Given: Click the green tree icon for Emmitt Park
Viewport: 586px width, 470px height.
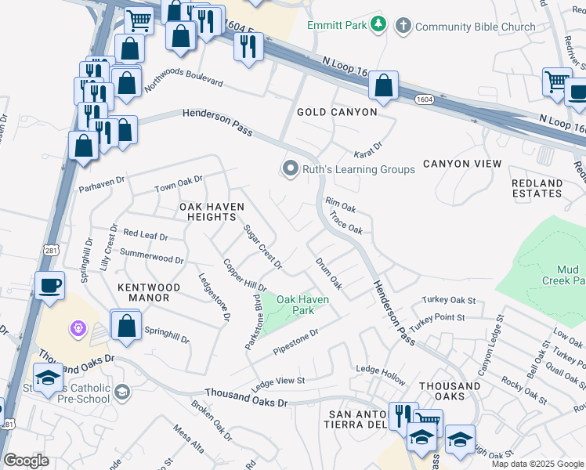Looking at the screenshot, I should tap(379, 25).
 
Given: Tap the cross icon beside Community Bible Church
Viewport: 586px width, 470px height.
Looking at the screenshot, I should tap(403, 26).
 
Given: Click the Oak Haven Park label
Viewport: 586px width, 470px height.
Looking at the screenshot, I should tap(302, 305).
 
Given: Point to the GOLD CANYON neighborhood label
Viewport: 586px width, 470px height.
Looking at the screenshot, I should tap(337, 113).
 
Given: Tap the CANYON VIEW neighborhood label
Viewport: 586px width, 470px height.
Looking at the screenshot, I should tap(462, 164).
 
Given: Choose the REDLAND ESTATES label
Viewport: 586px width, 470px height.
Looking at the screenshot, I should tap(537, 188).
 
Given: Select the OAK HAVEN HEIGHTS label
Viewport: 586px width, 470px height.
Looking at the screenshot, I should tap(212, 212).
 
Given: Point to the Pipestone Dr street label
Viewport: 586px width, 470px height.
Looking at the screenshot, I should tap(295, 341).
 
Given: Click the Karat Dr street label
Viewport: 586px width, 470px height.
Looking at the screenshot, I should tap(367, 146).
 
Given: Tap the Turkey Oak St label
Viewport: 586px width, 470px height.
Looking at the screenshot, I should tap(449, 300).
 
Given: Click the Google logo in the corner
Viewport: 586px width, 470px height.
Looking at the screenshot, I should tap(26, 461).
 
